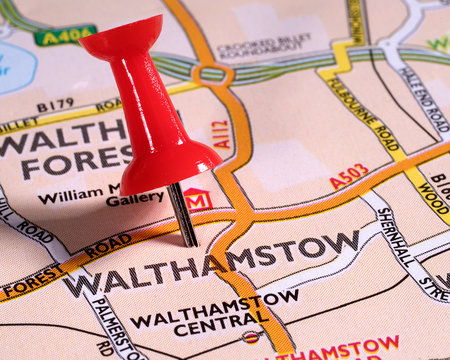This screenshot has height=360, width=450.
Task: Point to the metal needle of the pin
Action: (183, 215)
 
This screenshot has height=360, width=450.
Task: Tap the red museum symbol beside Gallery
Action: (197, 199)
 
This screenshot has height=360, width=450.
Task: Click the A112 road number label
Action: (221, 134)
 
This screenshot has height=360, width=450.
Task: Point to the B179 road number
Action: (55, 105)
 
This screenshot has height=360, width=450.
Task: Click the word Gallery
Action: (134, 199)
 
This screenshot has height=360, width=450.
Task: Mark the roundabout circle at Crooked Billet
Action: (211, 73)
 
